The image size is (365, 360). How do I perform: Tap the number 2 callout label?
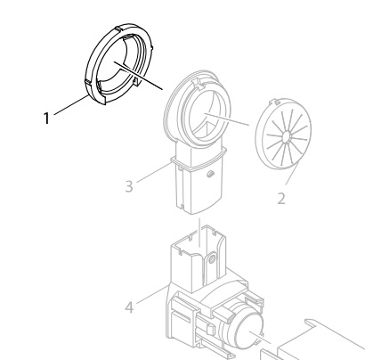click(x=280, y=198)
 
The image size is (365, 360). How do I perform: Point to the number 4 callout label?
click(x=130, y=308)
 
